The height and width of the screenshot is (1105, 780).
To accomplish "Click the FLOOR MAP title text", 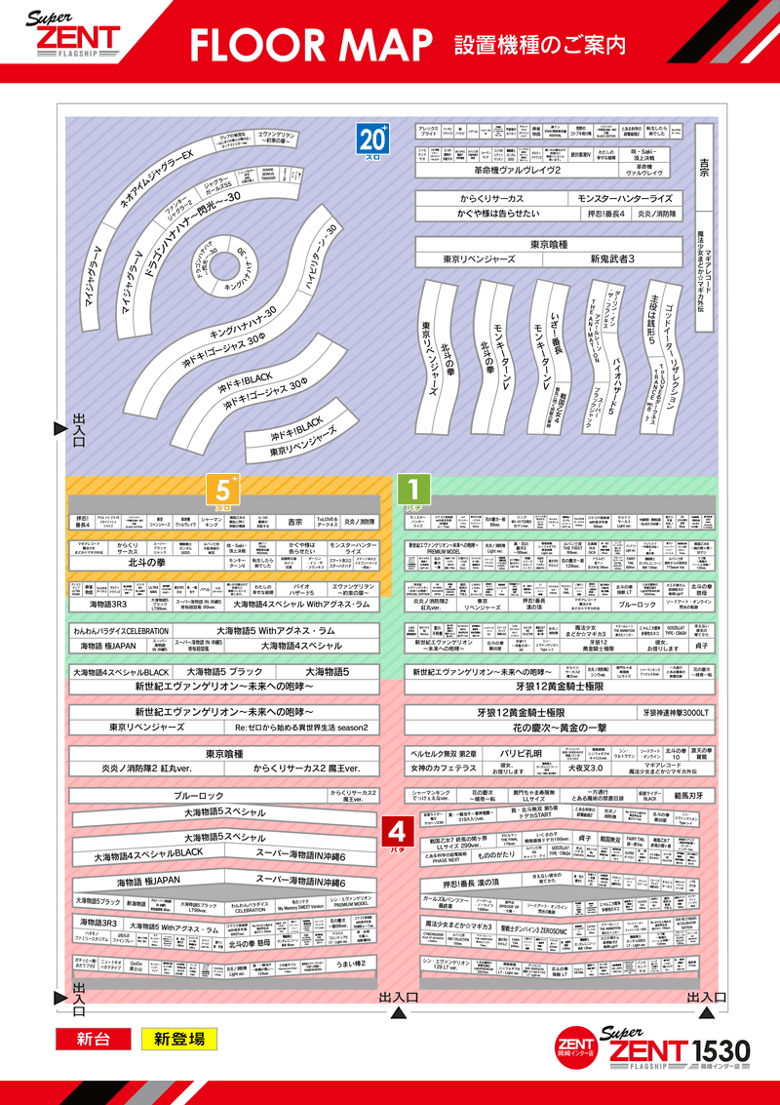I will (309, 44).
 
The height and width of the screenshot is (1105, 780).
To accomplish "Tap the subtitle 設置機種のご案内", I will (539, 44).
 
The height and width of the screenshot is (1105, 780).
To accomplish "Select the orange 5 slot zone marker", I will (222, 489).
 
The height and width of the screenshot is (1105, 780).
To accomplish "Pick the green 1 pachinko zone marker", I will (413, 489).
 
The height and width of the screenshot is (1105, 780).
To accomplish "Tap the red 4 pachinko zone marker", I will (397, 832).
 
